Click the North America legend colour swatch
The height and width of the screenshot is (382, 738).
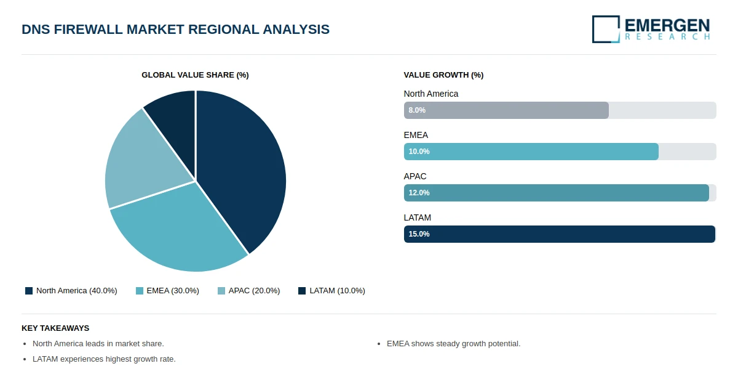29,291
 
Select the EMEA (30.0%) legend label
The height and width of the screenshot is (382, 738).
173,291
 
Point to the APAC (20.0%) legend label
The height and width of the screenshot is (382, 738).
254,291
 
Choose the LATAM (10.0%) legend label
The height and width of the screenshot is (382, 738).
338,291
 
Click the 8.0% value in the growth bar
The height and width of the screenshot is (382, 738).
417,110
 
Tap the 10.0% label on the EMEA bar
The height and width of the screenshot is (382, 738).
419,152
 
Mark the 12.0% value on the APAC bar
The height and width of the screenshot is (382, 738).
419,193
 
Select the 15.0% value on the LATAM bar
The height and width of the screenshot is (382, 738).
419,234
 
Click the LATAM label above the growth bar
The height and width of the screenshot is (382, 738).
417,218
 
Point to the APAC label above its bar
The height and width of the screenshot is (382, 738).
415,177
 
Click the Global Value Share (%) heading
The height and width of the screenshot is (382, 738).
195,75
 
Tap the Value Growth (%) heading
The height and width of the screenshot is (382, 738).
443,75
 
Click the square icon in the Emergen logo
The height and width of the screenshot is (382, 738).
606,29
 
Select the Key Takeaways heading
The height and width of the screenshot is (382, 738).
55,328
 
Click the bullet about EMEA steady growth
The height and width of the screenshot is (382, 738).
453,344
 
